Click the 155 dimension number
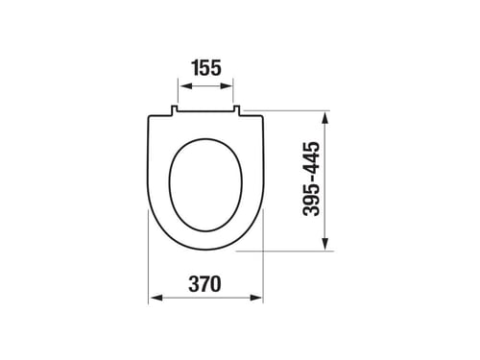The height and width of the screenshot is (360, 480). [x=206, y=68]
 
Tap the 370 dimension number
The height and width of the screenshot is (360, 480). [x=204, y=284]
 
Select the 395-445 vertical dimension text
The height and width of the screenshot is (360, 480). [x=311, y=179]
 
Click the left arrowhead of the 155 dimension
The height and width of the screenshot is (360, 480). [x=187, y=85]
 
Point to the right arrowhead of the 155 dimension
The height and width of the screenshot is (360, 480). [x=226, y=85]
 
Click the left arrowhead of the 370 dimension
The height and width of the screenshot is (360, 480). [x=156, y=298]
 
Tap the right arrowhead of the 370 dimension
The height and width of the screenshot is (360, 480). [x=255, y=298]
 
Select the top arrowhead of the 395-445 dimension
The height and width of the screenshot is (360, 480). [x=325, y=118]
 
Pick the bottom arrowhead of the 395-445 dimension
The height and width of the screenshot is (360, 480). [x=325, y=243]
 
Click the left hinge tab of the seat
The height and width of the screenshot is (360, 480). [x=175, y=109]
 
